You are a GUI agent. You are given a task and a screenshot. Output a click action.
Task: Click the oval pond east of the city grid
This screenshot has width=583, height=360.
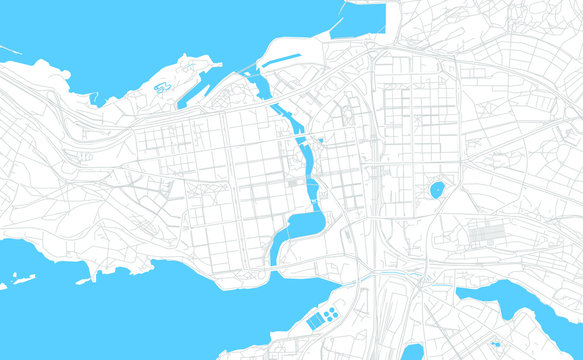[437, 189]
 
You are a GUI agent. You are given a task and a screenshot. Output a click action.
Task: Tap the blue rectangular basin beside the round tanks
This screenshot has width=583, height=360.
[315, 320]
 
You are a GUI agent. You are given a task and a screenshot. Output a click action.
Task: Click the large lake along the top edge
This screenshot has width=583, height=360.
[150, 35]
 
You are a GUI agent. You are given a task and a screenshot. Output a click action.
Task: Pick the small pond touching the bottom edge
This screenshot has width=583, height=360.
[411, 352]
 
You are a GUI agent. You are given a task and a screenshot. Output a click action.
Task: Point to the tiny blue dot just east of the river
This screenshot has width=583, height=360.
[321, 140]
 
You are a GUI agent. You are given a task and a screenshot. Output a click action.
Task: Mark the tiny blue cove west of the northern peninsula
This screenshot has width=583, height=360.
[95, 99]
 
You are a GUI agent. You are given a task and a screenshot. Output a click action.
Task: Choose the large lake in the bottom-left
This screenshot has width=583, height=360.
[150, 310]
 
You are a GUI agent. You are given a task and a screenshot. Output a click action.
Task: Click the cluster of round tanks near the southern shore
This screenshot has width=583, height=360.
[331, 314]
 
